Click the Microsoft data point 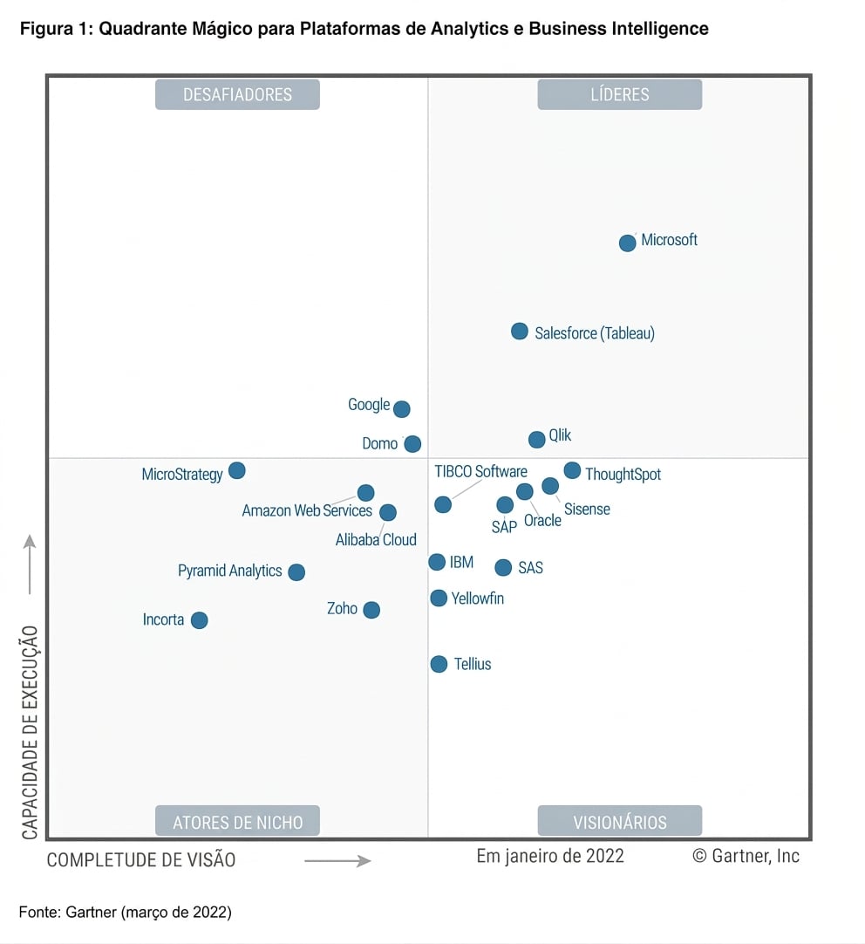point(628,243)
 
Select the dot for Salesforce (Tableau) point(519,332)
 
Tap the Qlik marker point(536,440)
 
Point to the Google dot point(402,409)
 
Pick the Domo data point point(412,444)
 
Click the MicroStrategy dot point(237,471)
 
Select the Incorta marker point(199,620)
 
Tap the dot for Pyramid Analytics point(296,572)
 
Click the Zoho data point point(371,610)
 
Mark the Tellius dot point(439,665)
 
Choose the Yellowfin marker point(439,599)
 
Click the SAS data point point(503,567)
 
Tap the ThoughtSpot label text point(623,475)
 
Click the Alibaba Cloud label point(376,539)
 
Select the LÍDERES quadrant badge point(620,94)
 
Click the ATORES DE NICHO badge point(237,821)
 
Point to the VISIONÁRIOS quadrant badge point(620,821)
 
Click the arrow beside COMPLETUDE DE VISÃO point(337,861)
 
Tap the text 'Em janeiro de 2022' point(550,856)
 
